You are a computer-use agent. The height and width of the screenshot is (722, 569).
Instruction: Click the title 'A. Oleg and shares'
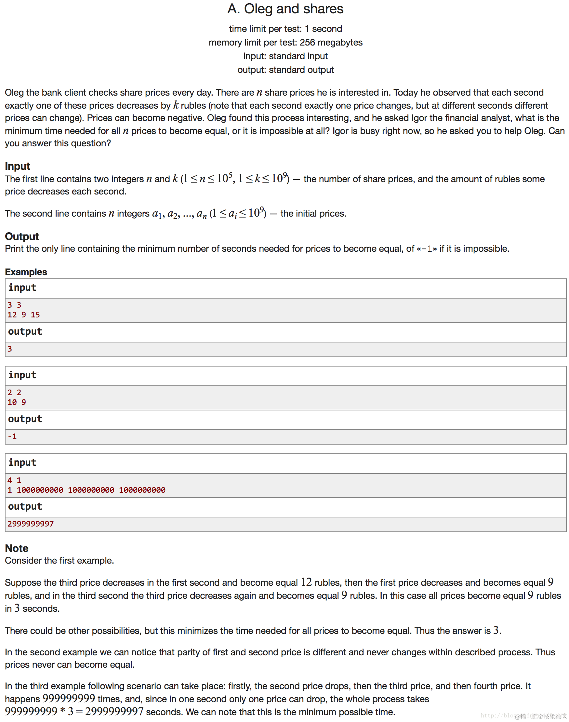coord(285,9)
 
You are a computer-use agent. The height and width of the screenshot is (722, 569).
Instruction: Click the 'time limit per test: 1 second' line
coord(285,29)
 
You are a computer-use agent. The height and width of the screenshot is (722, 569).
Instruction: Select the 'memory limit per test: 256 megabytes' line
coord(285,42)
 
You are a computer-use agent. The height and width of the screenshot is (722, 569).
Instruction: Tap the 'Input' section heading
coord(17,166)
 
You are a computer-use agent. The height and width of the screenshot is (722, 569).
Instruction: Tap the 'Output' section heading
coord(22,236)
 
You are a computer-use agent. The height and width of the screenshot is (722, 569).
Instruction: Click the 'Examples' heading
coord(26,272)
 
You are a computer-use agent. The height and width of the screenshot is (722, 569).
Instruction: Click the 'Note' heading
coord(17,548)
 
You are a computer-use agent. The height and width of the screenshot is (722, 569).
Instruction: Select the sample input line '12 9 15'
coord(24,315)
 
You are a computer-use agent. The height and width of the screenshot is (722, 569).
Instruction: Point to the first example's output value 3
coord(10,349)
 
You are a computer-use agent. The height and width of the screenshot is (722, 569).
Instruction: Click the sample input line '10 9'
coord(17,402)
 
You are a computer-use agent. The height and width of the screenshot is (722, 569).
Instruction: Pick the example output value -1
coord(12,436)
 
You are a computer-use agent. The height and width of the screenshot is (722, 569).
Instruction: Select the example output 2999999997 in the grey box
coord(31,524)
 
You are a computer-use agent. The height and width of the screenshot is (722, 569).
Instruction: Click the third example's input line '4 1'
coord(14,480)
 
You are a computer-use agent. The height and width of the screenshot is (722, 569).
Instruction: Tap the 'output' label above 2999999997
coord(25,506)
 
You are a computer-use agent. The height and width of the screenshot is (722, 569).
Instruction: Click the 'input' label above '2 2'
coord(22,375)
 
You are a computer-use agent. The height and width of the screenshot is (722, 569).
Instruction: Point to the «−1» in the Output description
coord(427,249)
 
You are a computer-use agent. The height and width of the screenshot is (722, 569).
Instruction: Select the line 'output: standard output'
coord(285,70)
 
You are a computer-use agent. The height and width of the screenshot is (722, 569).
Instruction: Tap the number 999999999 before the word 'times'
coord(69,698)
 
